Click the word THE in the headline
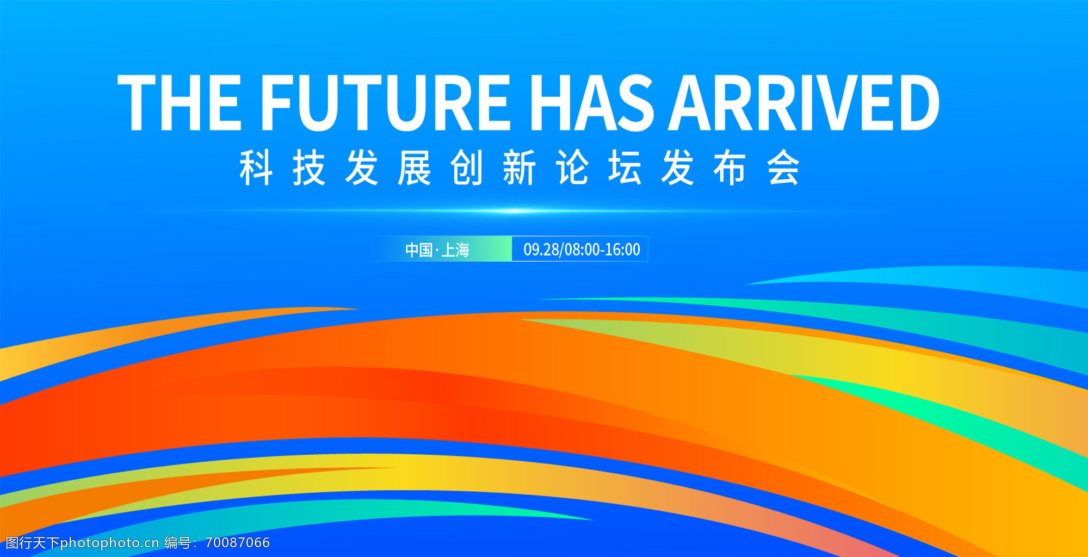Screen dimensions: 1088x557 pos(180,103)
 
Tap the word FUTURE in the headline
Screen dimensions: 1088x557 pos(385,103)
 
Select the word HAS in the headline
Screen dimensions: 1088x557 pos(591,103)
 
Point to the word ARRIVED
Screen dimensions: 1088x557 pos(804,103)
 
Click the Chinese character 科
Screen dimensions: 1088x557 pos(256,168)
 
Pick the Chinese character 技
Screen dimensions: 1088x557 pos(309,168)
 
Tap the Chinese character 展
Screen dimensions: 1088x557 pos(415,168)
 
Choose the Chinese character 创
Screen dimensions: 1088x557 pos(467,168)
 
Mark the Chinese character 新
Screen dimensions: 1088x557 pos(520,168)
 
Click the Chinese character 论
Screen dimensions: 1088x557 pos(572,168)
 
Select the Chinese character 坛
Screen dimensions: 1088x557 pos(625,168)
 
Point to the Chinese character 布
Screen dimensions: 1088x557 pos(731,168)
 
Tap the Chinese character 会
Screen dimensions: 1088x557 pos(783,168)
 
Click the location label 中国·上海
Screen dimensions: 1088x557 pos(437,250)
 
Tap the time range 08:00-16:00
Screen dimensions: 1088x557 pos(602,250)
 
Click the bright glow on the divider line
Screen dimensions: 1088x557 pos(514,211)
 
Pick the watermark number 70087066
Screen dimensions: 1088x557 pos(238,542)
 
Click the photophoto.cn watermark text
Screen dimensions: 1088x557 pos(109,543)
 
